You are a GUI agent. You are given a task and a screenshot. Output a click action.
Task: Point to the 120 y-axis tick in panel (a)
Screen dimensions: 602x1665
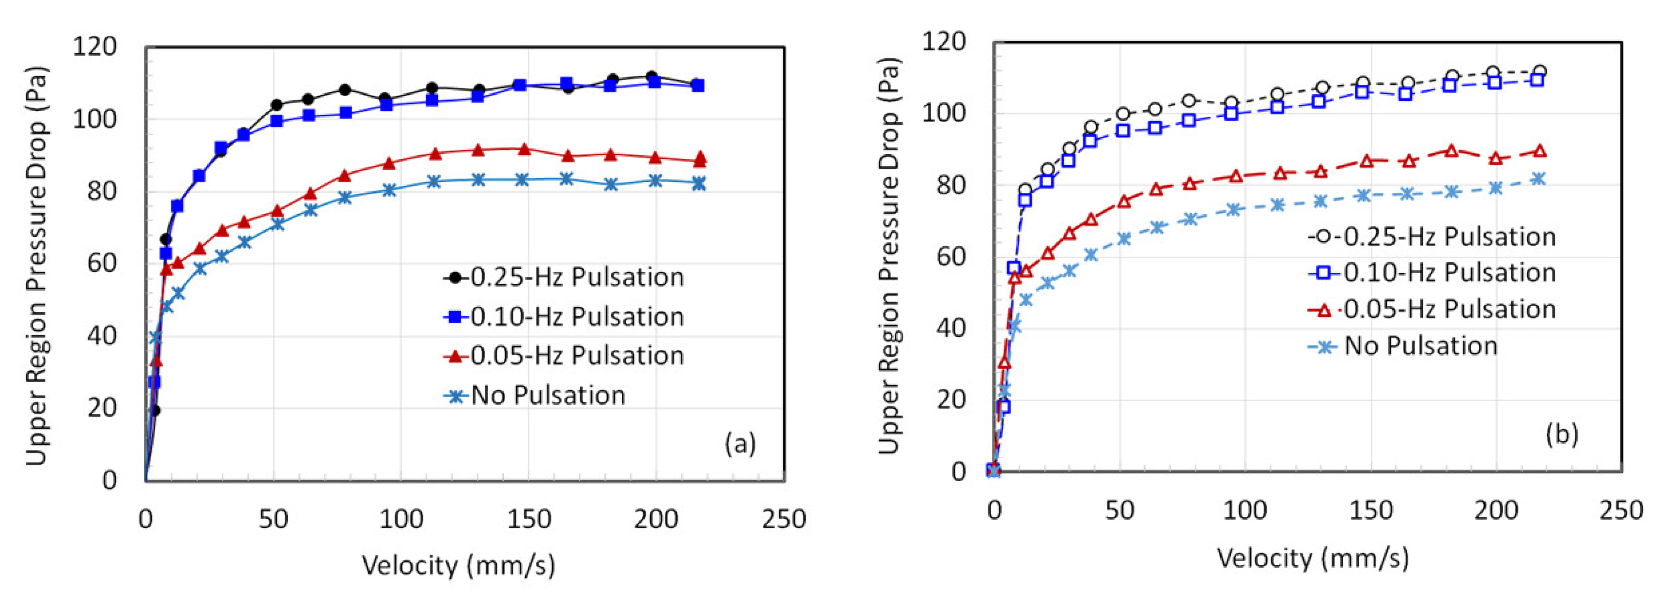coord(94,47)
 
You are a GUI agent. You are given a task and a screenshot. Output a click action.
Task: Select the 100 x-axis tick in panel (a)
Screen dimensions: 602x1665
coord(401,519)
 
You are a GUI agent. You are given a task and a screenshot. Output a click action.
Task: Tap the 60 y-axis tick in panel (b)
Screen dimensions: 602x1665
coord(950,257)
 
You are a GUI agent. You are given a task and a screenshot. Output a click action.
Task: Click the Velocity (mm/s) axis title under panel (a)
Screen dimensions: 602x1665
coord(458,565)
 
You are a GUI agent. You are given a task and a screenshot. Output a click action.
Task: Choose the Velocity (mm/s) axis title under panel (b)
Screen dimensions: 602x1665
coord(1313,558)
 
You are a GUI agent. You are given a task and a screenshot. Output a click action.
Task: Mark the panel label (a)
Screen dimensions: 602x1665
coord(739,444)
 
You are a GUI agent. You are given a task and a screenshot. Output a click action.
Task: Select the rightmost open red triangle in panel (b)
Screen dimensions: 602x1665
coord(1540,151)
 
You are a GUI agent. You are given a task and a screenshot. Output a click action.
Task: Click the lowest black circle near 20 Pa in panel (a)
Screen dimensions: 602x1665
coord(155,410)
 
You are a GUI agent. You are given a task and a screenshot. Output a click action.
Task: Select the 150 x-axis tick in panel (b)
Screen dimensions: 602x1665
coord(1370,511)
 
